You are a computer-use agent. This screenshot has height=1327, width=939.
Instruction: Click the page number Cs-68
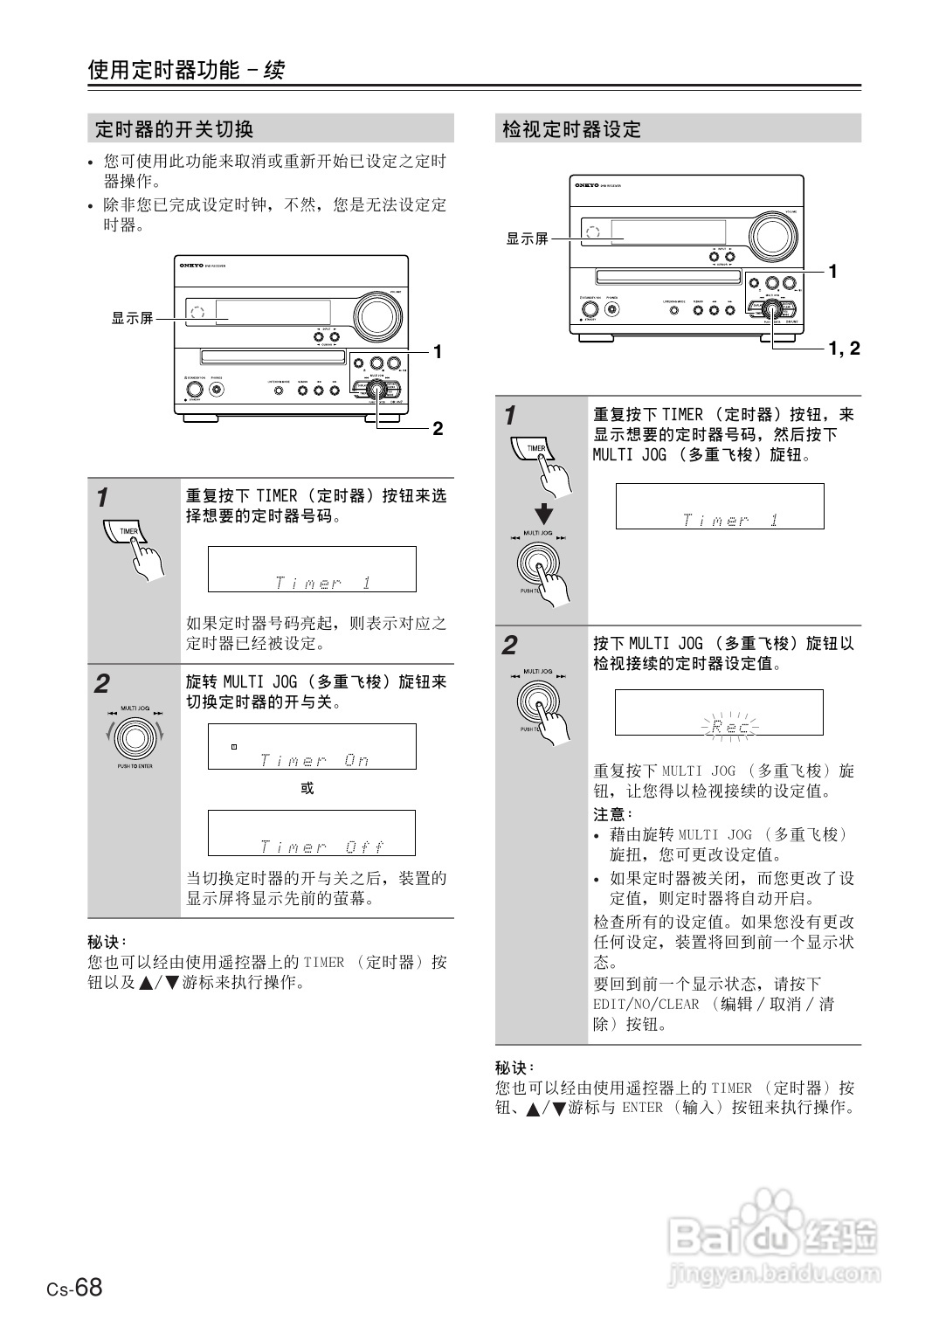[74, 1288]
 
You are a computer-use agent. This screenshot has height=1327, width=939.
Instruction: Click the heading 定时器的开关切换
[174, 129]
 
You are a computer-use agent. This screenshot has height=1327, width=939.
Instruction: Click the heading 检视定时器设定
[572, 129]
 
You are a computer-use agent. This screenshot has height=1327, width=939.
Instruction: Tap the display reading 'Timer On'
[312, 747]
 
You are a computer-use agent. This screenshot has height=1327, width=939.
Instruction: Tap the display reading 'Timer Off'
[312, 833]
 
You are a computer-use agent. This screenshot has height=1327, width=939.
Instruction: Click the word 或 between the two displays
[307, 788]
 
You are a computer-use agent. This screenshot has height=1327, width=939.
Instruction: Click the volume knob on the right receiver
[772, 235]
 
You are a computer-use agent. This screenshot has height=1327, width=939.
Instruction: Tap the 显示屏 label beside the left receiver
[132, 319]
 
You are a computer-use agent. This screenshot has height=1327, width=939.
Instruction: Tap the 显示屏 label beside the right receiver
[527, 238]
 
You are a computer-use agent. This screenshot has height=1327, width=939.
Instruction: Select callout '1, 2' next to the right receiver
[844, 349]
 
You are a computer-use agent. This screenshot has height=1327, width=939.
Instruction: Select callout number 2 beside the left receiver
[438, 429]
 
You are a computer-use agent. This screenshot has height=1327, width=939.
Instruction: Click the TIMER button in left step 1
[127, 531]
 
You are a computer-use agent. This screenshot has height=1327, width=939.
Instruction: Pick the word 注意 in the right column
[611, 814]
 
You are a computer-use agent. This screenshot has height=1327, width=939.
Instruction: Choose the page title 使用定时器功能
[163, 70]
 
